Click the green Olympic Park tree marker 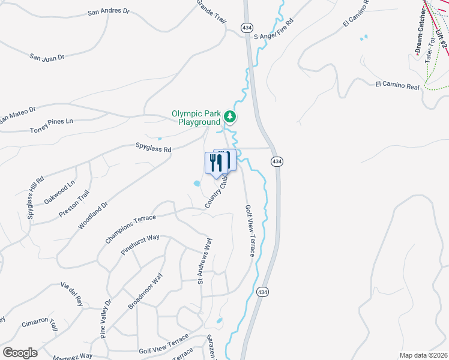230,117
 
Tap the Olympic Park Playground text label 196,117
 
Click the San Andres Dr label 108,11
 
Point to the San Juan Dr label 47,56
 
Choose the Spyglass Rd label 153,148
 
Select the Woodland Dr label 92,215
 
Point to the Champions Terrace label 130,229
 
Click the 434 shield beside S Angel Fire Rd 247,28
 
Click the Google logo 20,352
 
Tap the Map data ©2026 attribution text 423,355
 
